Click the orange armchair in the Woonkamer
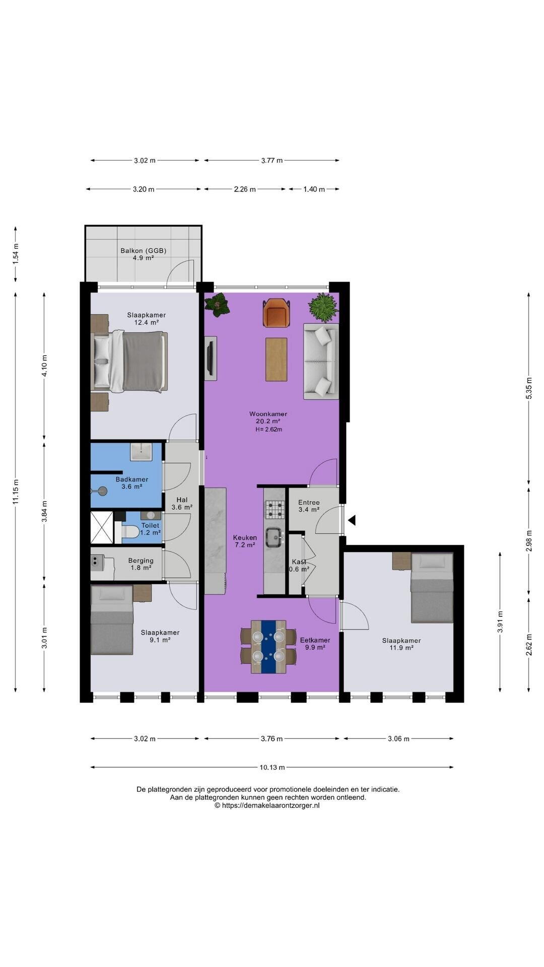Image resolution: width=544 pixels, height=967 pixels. point(277,312)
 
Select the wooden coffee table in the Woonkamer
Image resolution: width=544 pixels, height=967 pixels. point(277,360)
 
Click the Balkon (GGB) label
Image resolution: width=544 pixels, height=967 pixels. point(143,250)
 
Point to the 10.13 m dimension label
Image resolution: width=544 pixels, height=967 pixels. point(272,767)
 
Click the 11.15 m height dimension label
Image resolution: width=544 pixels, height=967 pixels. point(16,491)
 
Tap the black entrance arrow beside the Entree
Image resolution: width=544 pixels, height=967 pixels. point(353,520)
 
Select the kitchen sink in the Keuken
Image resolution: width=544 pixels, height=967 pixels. point(275,537)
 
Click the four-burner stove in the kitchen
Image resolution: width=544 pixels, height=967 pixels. point(275,509)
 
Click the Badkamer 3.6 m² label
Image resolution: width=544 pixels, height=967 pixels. point(132,483)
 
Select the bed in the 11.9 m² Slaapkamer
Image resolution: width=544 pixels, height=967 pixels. point(432,588)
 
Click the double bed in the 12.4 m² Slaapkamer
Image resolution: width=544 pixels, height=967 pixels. point(130,361)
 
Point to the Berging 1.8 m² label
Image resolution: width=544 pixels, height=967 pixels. point(141,564)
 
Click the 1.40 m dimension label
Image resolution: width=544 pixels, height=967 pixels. point(314,189)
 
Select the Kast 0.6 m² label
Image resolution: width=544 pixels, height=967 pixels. point(299,566)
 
